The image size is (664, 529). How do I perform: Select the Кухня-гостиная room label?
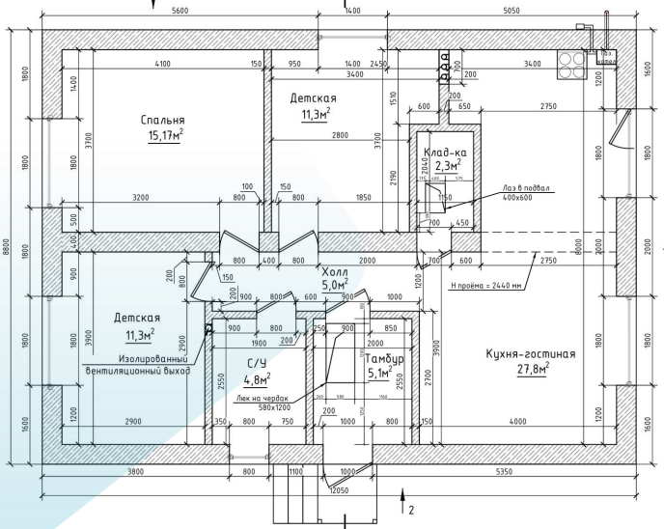click(530, 354)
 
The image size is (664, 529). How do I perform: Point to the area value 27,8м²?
click(531, 370)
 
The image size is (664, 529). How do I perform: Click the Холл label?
click(335, 271)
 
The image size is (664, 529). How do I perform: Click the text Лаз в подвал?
click(521, 187)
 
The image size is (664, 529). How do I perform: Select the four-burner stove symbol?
click(572, 62)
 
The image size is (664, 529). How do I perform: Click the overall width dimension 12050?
click(338, 490)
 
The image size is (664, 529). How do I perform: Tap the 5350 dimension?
click(499, 473)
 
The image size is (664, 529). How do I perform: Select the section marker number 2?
click(410, 508)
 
